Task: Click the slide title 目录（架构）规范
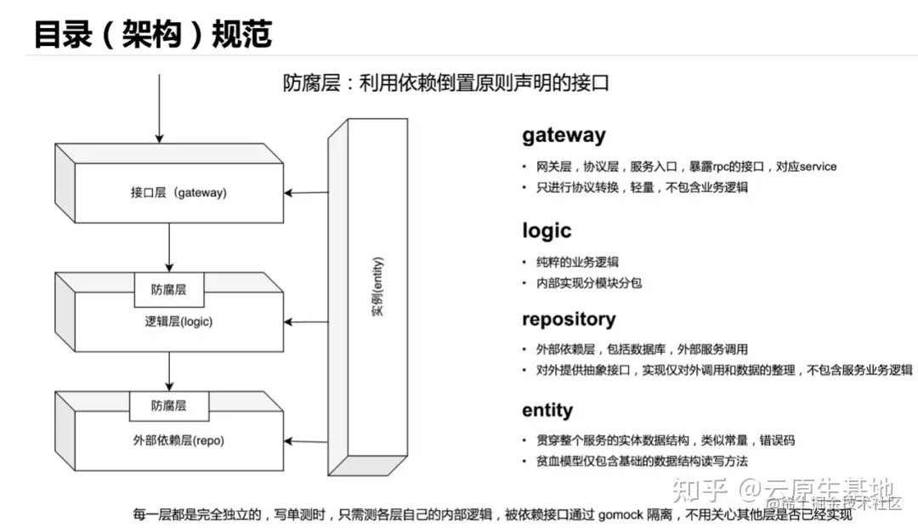(153, 34)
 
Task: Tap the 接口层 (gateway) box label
(173, 193)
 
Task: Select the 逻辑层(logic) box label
(173, 321)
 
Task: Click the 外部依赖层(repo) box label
(173, 440)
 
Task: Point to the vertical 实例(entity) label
(377, 286)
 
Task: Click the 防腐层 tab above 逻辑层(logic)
(168, 290)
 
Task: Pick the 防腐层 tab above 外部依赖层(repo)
(168, 405)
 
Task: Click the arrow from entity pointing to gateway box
(306, 193)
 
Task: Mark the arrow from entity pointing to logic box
(306, 322)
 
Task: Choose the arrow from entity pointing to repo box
(306, 440)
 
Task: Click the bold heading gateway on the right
(564, 135)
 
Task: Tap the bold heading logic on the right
(547, 230)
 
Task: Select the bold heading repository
(569, 320)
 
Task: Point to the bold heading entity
(547, 411)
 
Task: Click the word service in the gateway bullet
(813, 167)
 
